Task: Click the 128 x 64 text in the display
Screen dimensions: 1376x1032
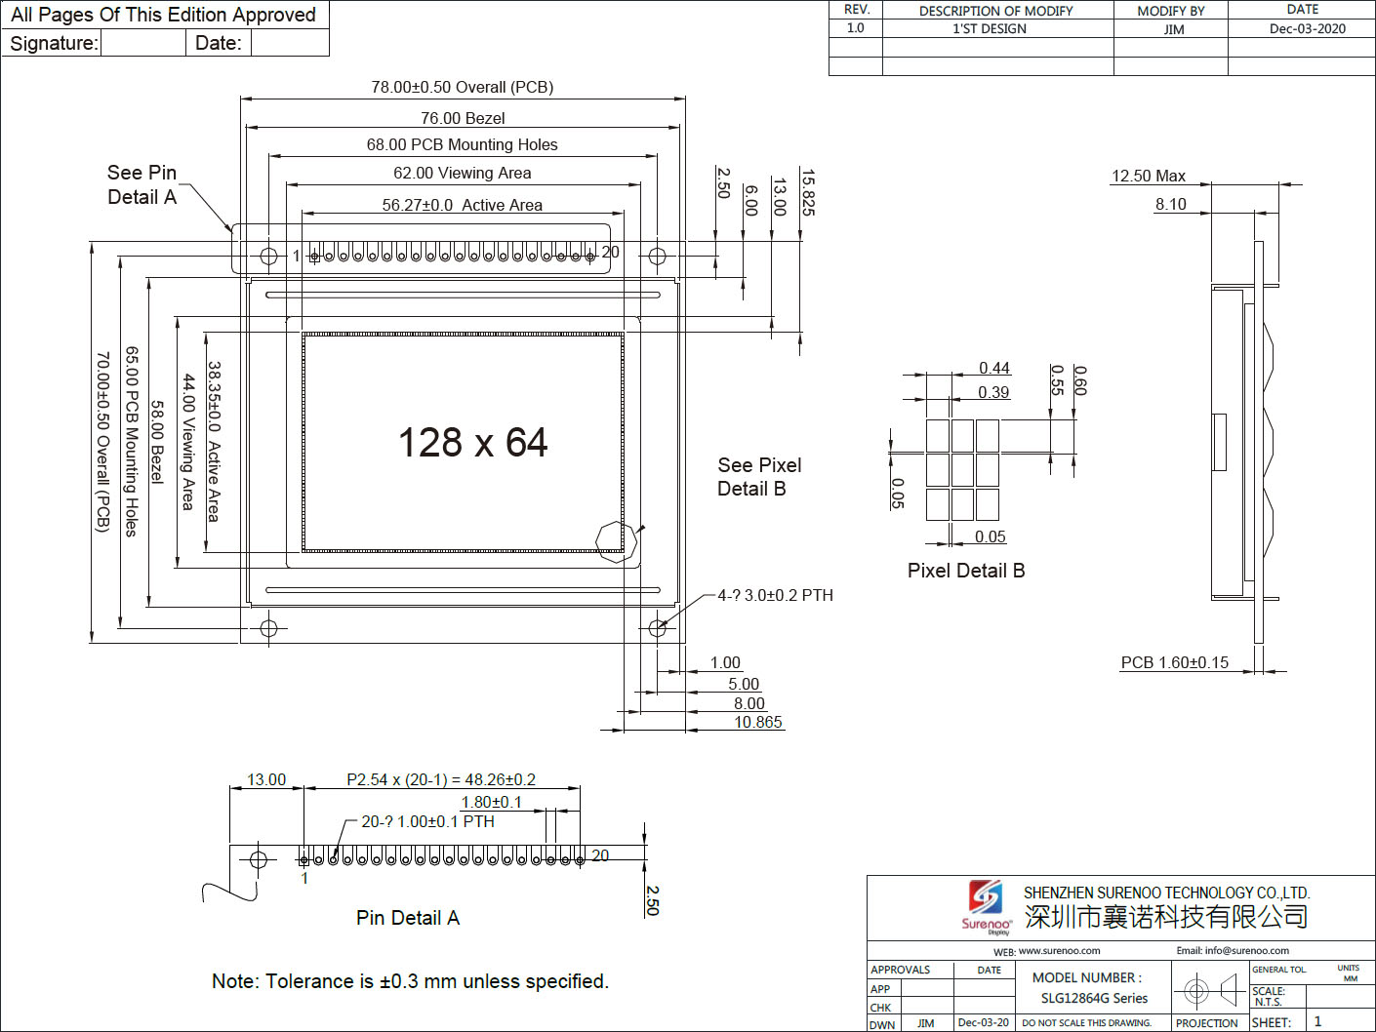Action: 472,443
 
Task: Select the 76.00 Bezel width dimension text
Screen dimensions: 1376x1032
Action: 463,118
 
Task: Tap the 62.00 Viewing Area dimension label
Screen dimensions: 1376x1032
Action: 462,173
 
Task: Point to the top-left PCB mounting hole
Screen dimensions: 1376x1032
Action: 268,256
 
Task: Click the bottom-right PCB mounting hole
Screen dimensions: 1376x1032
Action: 657,627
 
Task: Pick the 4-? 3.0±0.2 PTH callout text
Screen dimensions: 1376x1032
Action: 776,595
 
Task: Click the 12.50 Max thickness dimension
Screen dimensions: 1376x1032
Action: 1149,177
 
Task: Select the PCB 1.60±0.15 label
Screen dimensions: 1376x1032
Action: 1175,662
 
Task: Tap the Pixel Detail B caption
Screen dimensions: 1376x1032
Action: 966,571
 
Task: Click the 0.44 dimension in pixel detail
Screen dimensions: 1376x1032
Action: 994,368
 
